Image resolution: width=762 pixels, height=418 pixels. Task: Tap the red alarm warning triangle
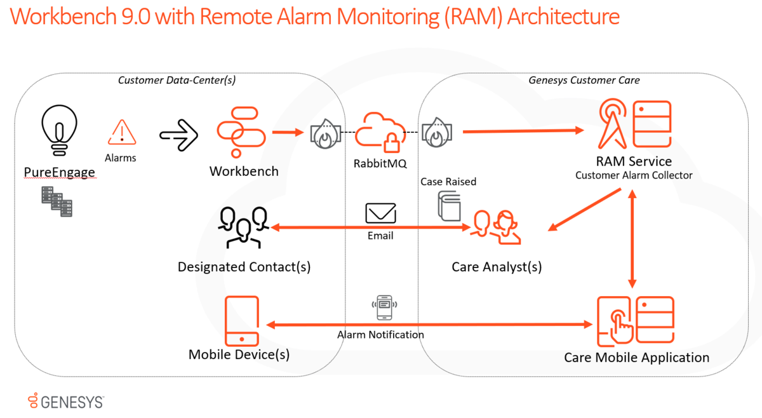(121, 133)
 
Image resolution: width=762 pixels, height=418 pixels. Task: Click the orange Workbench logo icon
(237, 132)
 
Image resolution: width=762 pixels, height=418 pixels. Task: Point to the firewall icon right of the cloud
(436, 133)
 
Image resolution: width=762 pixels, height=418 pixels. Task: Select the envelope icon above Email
(380, 213)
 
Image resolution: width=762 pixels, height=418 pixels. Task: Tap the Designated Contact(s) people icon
(243, 227)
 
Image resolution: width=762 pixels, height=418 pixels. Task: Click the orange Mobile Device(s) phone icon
(242, 321)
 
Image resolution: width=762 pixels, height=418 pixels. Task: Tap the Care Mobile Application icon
(635, 321)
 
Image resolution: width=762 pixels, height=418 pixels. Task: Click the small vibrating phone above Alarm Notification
(384, 308)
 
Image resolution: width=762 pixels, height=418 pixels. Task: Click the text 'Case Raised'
(448, 182)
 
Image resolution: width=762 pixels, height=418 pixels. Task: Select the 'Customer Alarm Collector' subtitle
(634, 175)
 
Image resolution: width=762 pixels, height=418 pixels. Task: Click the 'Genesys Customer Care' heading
(584, 80)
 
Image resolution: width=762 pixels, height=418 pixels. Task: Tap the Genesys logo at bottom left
(66, 401)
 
